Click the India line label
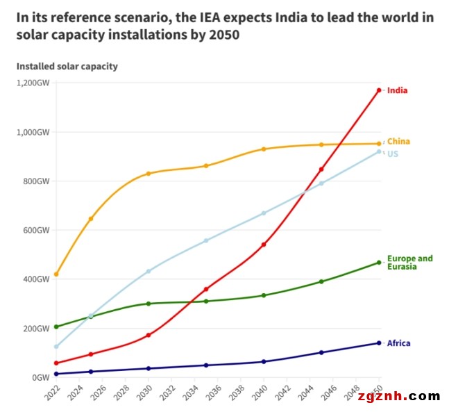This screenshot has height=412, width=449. (397, 90)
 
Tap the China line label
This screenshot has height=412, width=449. (398, 142)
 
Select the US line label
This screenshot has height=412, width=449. (392, 154)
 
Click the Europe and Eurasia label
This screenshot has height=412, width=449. (409, 263)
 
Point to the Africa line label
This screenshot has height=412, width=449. (398, 343)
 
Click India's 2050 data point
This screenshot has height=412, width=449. (379, 90)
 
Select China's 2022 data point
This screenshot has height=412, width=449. (56, 274)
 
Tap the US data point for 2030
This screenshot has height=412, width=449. (149, 271)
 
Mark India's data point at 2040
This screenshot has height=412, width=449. (264, 245)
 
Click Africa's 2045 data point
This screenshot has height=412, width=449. (321, 352)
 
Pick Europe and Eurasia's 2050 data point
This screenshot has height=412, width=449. (379, 263)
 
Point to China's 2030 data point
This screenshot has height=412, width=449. (149, 173)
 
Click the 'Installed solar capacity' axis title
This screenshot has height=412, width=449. (67, 67)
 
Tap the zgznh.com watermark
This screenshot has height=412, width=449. (398, 397)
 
